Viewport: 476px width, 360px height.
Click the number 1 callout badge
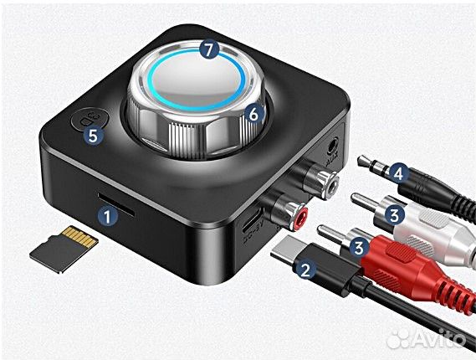coord(106,215)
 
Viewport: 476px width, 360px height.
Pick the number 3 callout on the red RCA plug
coord(359,247)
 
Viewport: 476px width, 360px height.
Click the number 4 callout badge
coord(398,174)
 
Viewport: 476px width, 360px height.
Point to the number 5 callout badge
coord(95,134)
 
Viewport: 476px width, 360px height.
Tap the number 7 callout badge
coord(211,49)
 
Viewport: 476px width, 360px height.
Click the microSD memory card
coord(63,248)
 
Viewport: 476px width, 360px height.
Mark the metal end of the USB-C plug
coord(292,250)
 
